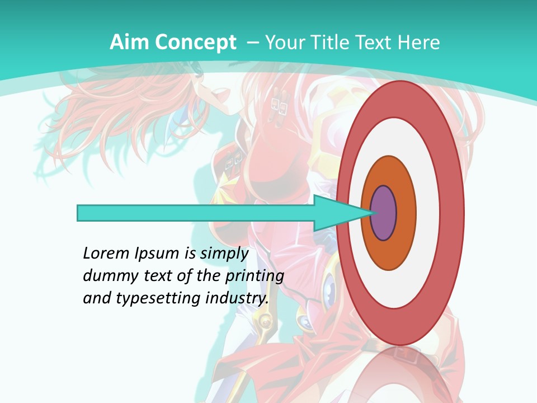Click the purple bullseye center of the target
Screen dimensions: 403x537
coord(384,213)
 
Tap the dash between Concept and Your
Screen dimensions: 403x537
coord(252,43)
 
